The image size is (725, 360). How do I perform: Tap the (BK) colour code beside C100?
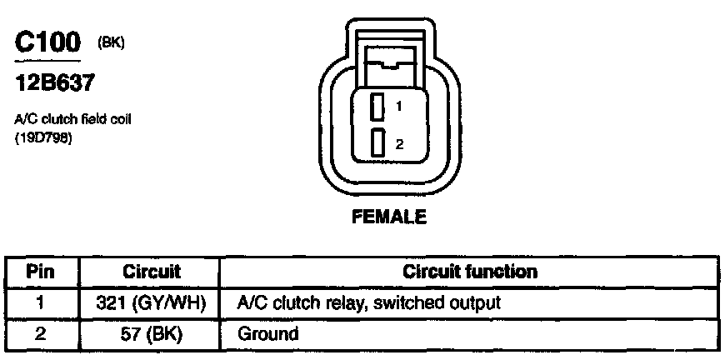[x=111, y=43]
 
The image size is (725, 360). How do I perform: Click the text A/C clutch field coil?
[x=73, y=119]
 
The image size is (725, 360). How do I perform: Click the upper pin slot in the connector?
[x=377, y=107]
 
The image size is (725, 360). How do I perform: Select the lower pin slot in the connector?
[x=377, y=143]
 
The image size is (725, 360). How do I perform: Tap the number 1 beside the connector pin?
[x=400, y=107]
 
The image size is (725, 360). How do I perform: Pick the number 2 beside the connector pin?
[x=400, y=144]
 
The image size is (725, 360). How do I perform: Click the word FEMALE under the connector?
[x=389, y=218]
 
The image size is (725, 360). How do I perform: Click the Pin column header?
[x=41, y=272]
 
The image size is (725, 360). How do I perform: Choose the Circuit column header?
[x=152, y=272]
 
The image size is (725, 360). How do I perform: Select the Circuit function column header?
[x=470, y=272]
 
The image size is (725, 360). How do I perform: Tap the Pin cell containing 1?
[x=41, y=303]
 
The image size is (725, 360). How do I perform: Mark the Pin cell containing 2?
[x=41, y=334]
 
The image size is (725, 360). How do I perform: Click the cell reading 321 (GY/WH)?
[x=152, y=303]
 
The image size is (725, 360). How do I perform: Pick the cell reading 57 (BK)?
[x=152, y=334]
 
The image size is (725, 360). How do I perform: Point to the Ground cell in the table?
[x=268, y=334]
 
